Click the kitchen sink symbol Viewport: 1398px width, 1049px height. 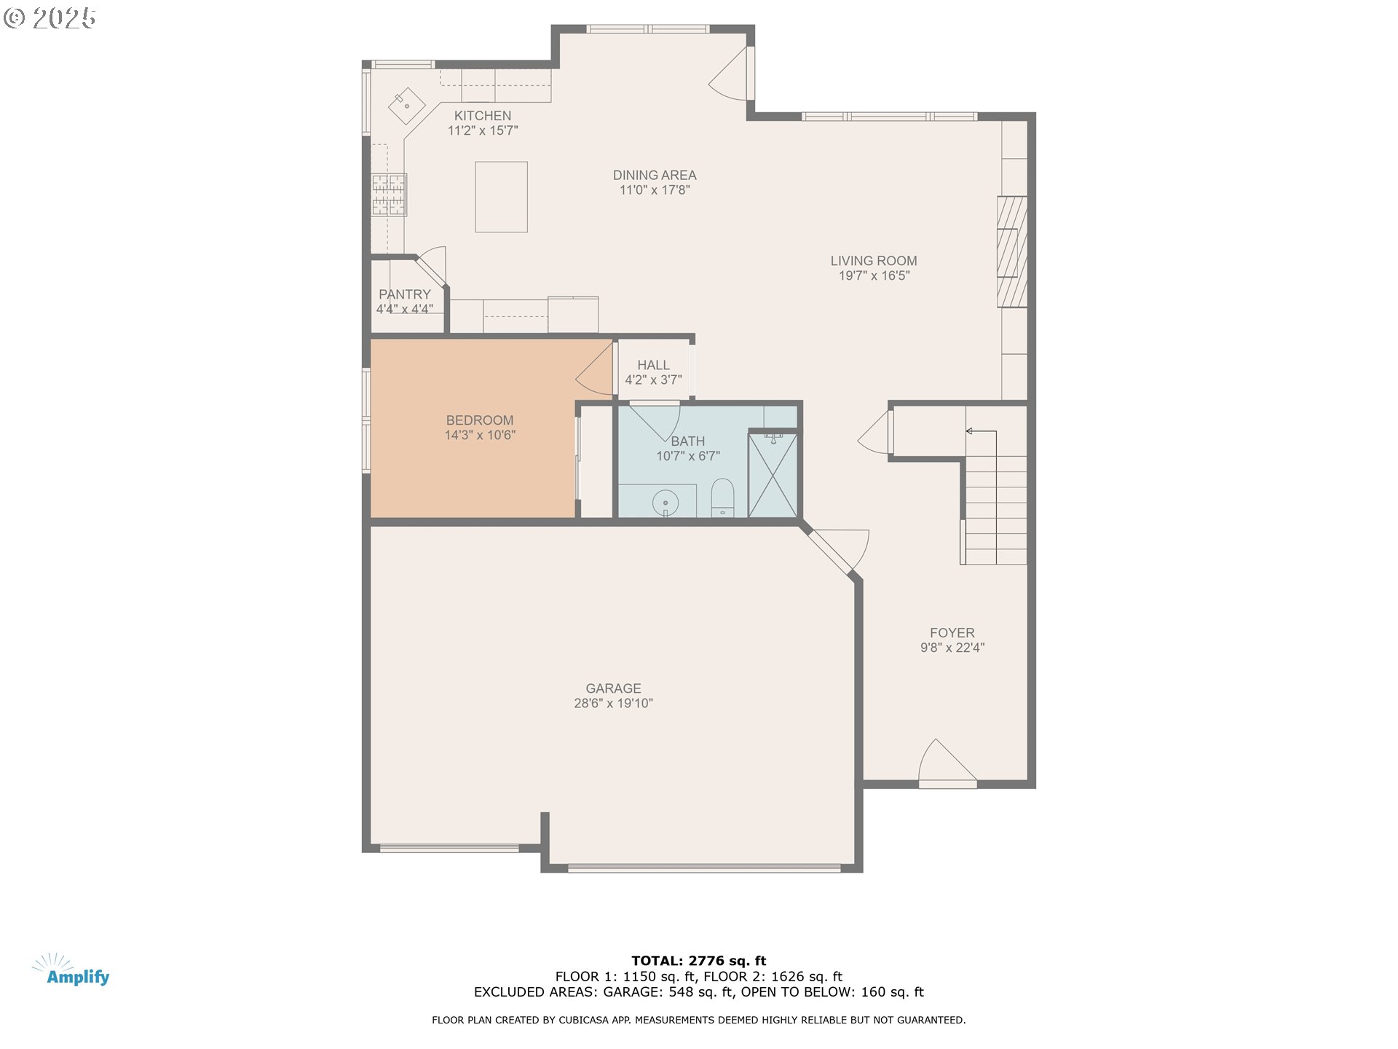point(406,106)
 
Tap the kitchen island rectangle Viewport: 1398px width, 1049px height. point(501,197)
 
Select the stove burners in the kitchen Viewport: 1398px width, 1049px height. point(389,195)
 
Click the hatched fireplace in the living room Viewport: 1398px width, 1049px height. point(1011,251)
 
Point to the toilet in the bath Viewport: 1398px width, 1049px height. point(722,497)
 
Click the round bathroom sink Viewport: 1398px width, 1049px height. point(666,503)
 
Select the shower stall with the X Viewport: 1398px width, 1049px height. point(772,475)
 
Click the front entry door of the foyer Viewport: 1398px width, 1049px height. point(947,765)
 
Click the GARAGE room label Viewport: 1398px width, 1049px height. point(613,688)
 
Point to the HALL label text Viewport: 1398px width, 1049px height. point(653,365)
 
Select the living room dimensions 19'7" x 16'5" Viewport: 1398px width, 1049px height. point(874,275)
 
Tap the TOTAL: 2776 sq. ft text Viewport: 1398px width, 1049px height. point(698,961)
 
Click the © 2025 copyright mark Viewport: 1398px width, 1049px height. point(50,18)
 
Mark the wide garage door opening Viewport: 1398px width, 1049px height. point(703,868)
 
